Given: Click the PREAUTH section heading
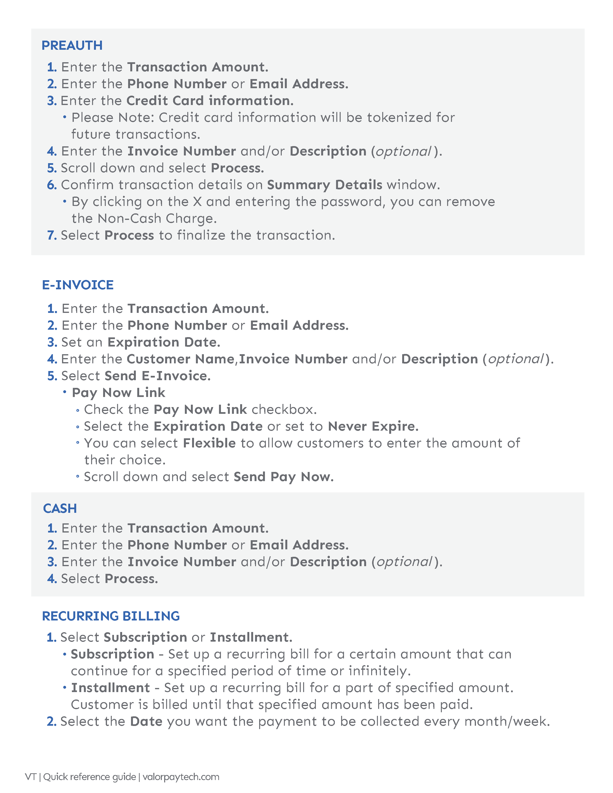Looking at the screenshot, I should click(x=72, y=45).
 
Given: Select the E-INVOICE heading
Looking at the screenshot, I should click(x=78, y=285).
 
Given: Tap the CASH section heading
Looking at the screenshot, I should click(x=60, y=508).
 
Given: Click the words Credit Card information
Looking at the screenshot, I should click(x=210, y=101).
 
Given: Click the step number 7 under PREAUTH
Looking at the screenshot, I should click(x=52, y=235).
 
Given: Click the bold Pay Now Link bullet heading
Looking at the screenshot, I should click(x=118, y=392).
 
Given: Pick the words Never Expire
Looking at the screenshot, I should click(x=373, y=426).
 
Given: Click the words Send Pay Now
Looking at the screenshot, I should click(x=283, y=477).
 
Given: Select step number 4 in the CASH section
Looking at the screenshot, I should click(x=52, y=579).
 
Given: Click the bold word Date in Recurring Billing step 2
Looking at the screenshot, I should click(x=146, y=721).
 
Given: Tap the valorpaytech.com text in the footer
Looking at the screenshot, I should click(x=181, y=777).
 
